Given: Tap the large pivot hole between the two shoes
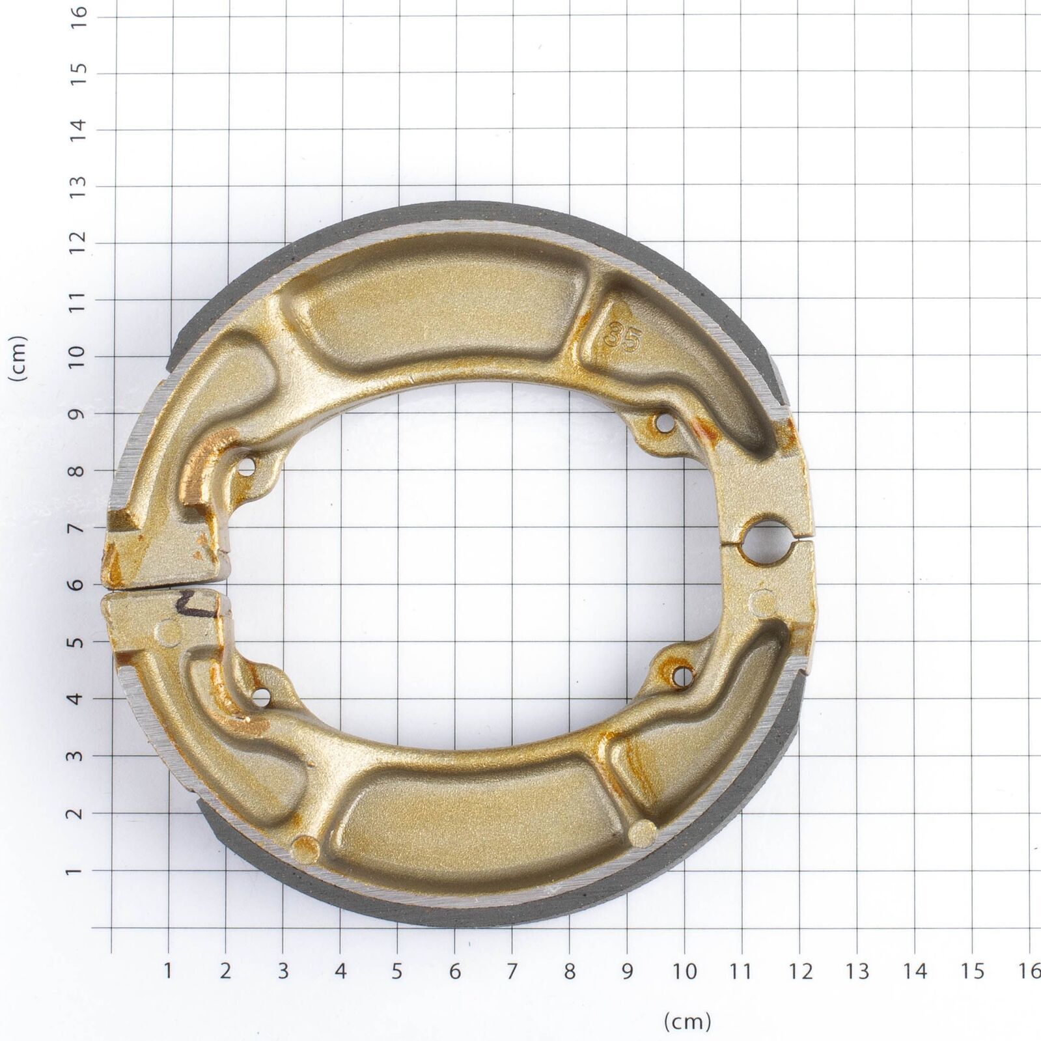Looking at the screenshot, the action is coord(769,538).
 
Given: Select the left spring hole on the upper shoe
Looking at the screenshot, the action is coord(247,467).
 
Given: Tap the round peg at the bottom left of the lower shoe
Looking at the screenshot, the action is coord(305,848).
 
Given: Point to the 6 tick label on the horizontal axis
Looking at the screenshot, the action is coord(454,971).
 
